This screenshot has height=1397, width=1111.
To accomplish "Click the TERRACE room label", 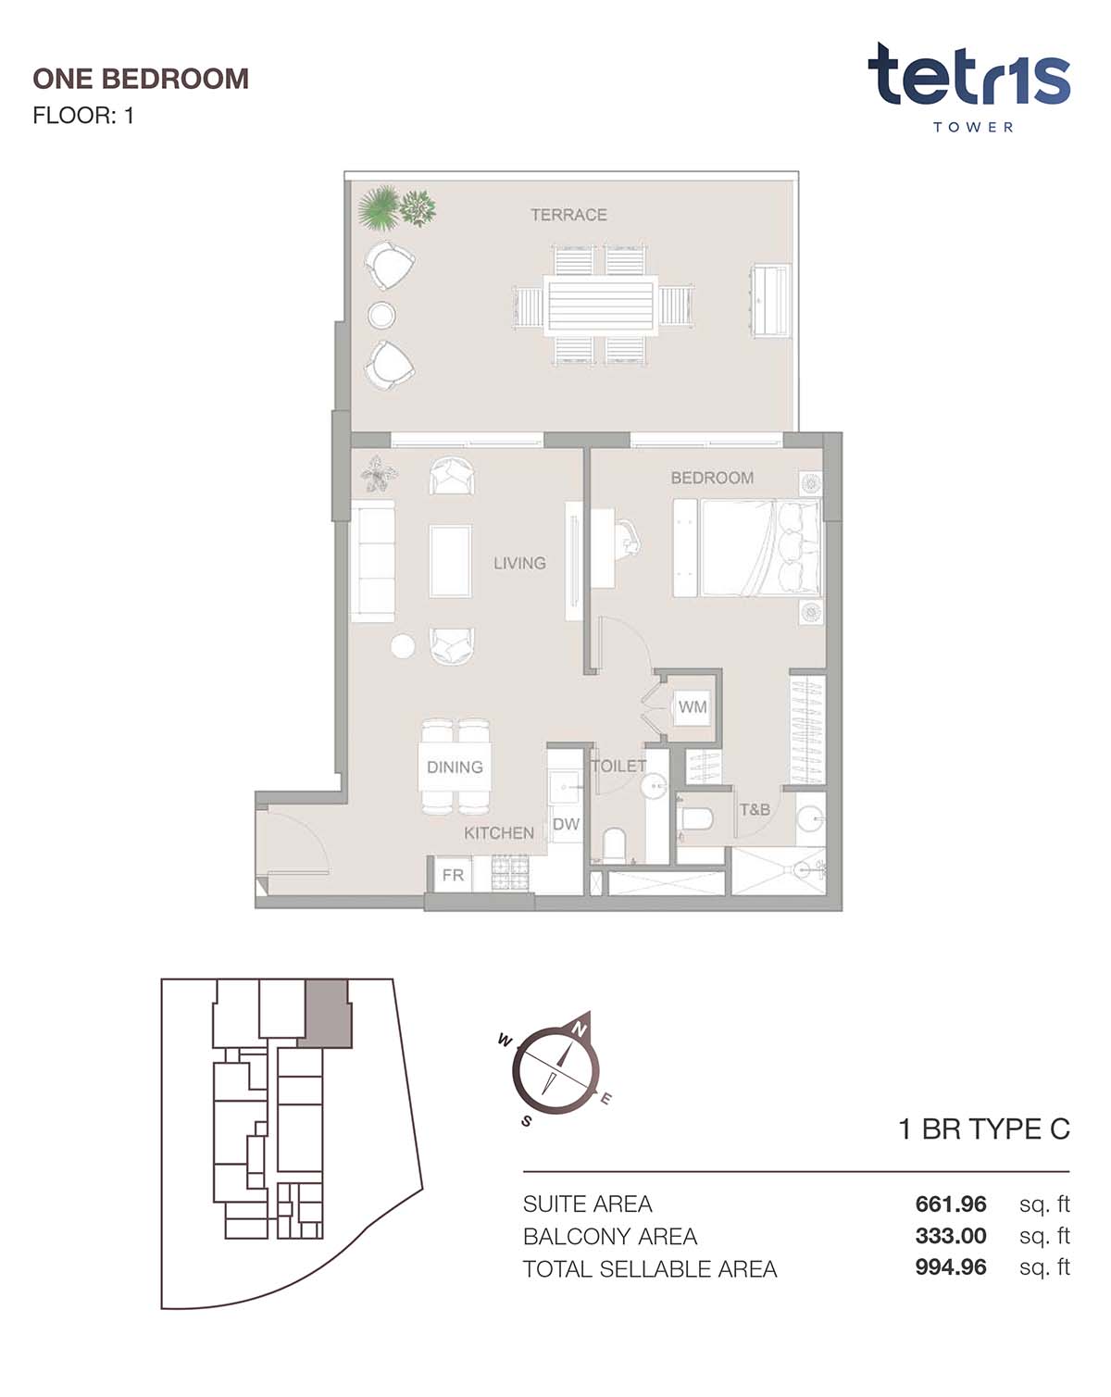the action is pos(568,215).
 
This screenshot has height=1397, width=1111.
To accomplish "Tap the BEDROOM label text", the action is pos(712,478).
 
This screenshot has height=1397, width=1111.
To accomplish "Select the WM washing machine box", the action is pos(693,706).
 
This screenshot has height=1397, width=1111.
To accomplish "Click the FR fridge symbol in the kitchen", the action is pos(453,875).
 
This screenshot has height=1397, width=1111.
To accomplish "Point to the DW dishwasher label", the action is pos(566,825).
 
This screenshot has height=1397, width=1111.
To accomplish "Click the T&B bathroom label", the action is pos(755,809).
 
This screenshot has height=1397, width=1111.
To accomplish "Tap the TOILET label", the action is pos(618,766).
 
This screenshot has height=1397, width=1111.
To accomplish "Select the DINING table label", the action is pos(455,767).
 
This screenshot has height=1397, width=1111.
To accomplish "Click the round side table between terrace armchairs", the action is pos(381,316).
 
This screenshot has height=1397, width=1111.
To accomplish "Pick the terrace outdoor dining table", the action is pos(601,306).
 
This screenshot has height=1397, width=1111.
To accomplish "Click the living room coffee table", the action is pos(450,562).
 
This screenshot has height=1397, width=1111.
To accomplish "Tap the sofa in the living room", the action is pos(373,561).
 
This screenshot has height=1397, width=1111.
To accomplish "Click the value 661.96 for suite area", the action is pos(951,1204).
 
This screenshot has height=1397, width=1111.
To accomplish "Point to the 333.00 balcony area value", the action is pos(951,1236).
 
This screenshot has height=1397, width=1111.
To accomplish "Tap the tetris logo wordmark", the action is pos(968,75).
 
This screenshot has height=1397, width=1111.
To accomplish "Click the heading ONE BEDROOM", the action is pos(141,80).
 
